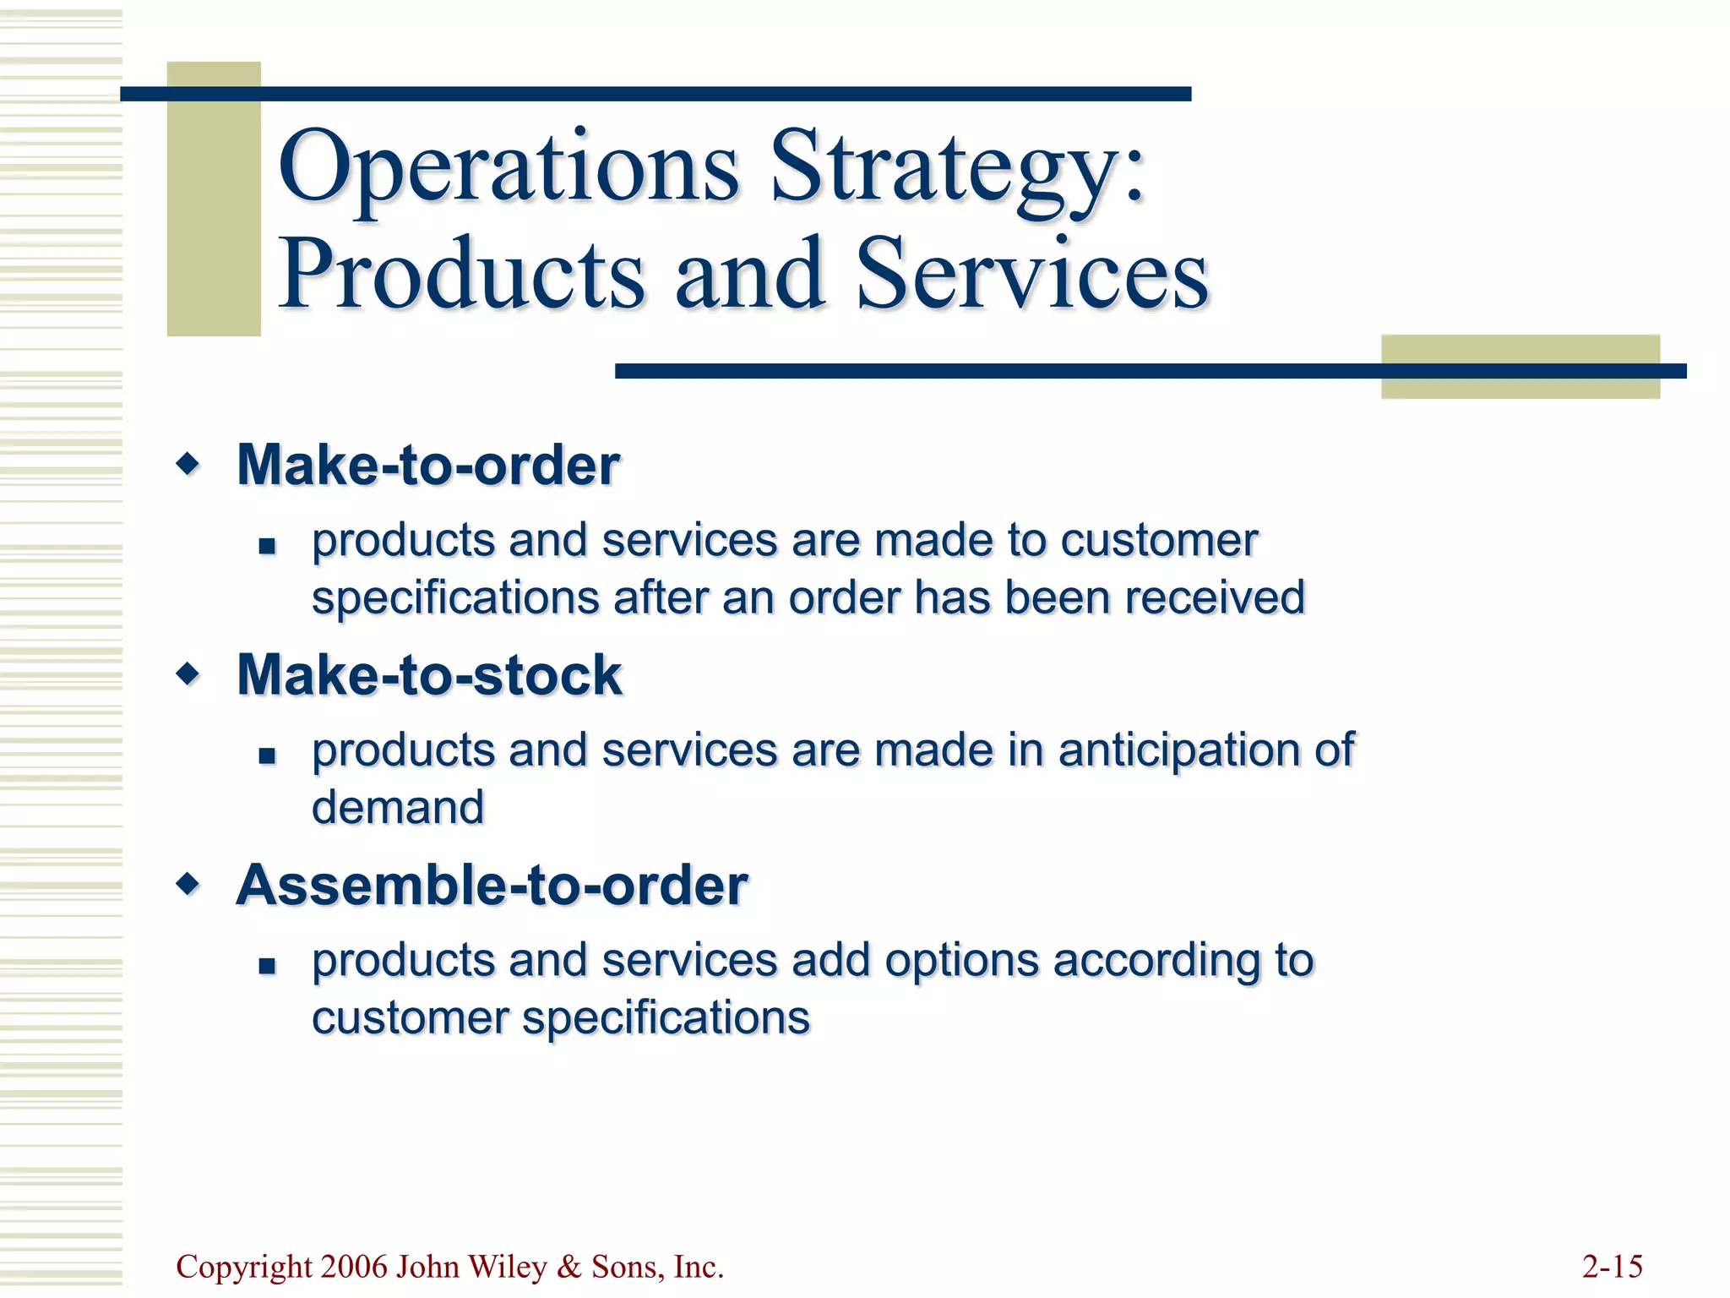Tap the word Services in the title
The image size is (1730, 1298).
pyautogui.click(x=1031, y=275)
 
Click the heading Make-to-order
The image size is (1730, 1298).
pyautogui.click(x=428, y=465)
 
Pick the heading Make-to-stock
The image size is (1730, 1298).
pyautogui.click(x=429, y=675)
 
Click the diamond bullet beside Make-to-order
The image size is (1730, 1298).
pyautogui.click(x=188, y=463)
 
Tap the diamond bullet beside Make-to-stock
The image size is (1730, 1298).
pyautogui.click(x=188, y=674)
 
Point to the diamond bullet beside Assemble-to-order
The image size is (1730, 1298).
pyautogui.click(x=188, y=884)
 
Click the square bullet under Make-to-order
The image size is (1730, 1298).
pyautogui.click(x=268, y=546)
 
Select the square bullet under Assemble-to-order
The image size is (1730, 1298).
pyautogui.click(x=268, y=966)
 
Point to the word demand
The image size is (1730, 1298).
pyautogui.click(x=398, y=807)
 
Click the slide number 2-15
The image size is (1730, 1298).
pyautogui.click(x=1612, y=1267)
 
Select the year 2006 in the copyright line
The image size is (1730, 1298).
pyautogui.click(x=355, y=1267)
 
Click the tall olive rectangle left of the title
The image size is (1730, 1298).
pyautogui.click(x=214, y=199)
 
